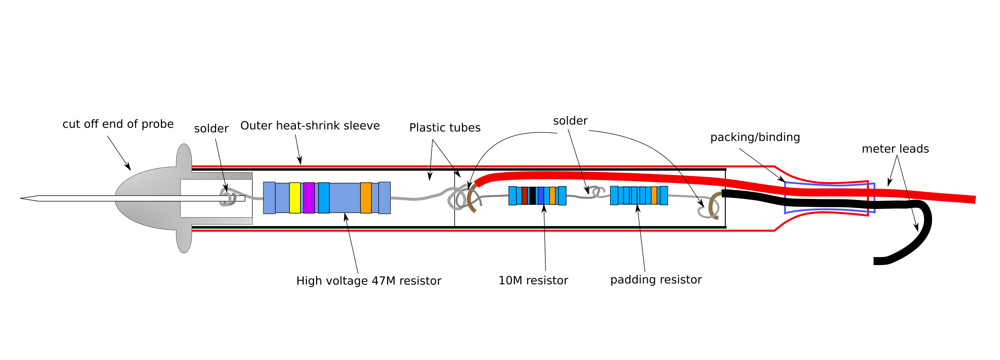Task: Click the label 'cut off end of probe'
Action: tap(118, 124)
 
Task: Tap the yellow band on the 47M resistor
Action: tap(295, 198)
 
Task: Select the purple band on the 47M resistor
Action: tap(309, 198)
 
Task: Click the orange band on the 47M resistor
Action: tap(366, 198)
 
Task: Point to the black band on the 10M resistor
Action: tap(532, 195)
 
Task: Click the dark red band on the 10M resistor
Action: tap(525, 195)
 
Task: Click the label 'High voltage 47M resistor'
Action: tap(369, 281)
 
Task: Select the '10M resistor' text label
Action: tap(533, 280)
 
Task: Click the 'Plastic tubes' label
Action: tap(445, 128)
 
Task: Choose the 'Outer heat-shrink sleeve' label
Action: tap(310, 126)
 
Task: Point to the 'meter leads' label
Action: tap(895, 149)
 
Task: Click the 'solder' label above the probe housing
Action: tap(211, 129)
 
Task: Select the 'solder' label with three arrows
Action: tap(570, 121)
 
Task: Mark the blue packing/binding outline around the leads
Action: tap(785, 198)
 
